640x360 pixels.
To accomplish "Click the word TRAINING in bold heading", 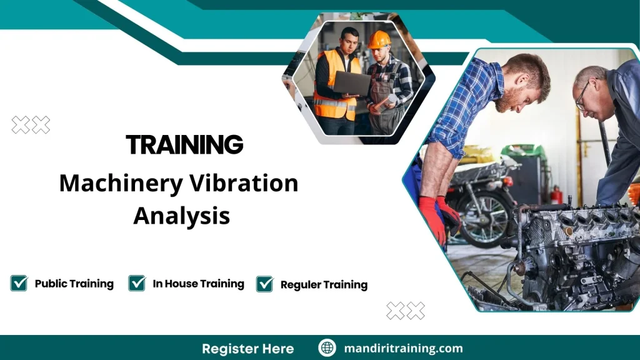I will [x=184, y=145].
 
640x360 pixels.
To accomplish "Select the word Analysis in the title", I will [x=181, y=216].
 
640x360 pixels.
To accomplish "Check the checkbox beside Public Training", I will [x=19, y=283].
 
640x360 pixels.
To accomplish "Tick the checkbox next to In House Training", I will [x=137, y=283].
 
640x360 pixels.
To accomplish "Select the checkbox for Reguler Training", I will [x=265, y=284].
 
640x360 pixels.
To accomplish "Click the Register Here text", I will [x=247, y=348].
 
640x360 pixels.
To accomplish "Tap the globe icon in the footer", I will [x=327, y=348].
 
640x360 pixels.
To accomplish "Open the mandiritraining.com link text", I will [x=403, y=348].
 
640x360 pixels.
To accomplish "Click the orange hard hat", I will [x=378, y=40].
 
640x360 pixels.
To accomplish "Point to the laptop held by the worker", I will [x=351, y=82].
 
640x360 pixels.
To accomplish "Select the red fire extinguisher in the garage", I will [x=556, y=194].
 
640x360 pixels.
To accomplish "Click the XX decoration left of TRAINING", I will [x=31, y=125].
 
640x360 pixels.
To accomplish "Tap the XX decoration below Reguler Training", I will [x=405, y=311].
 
